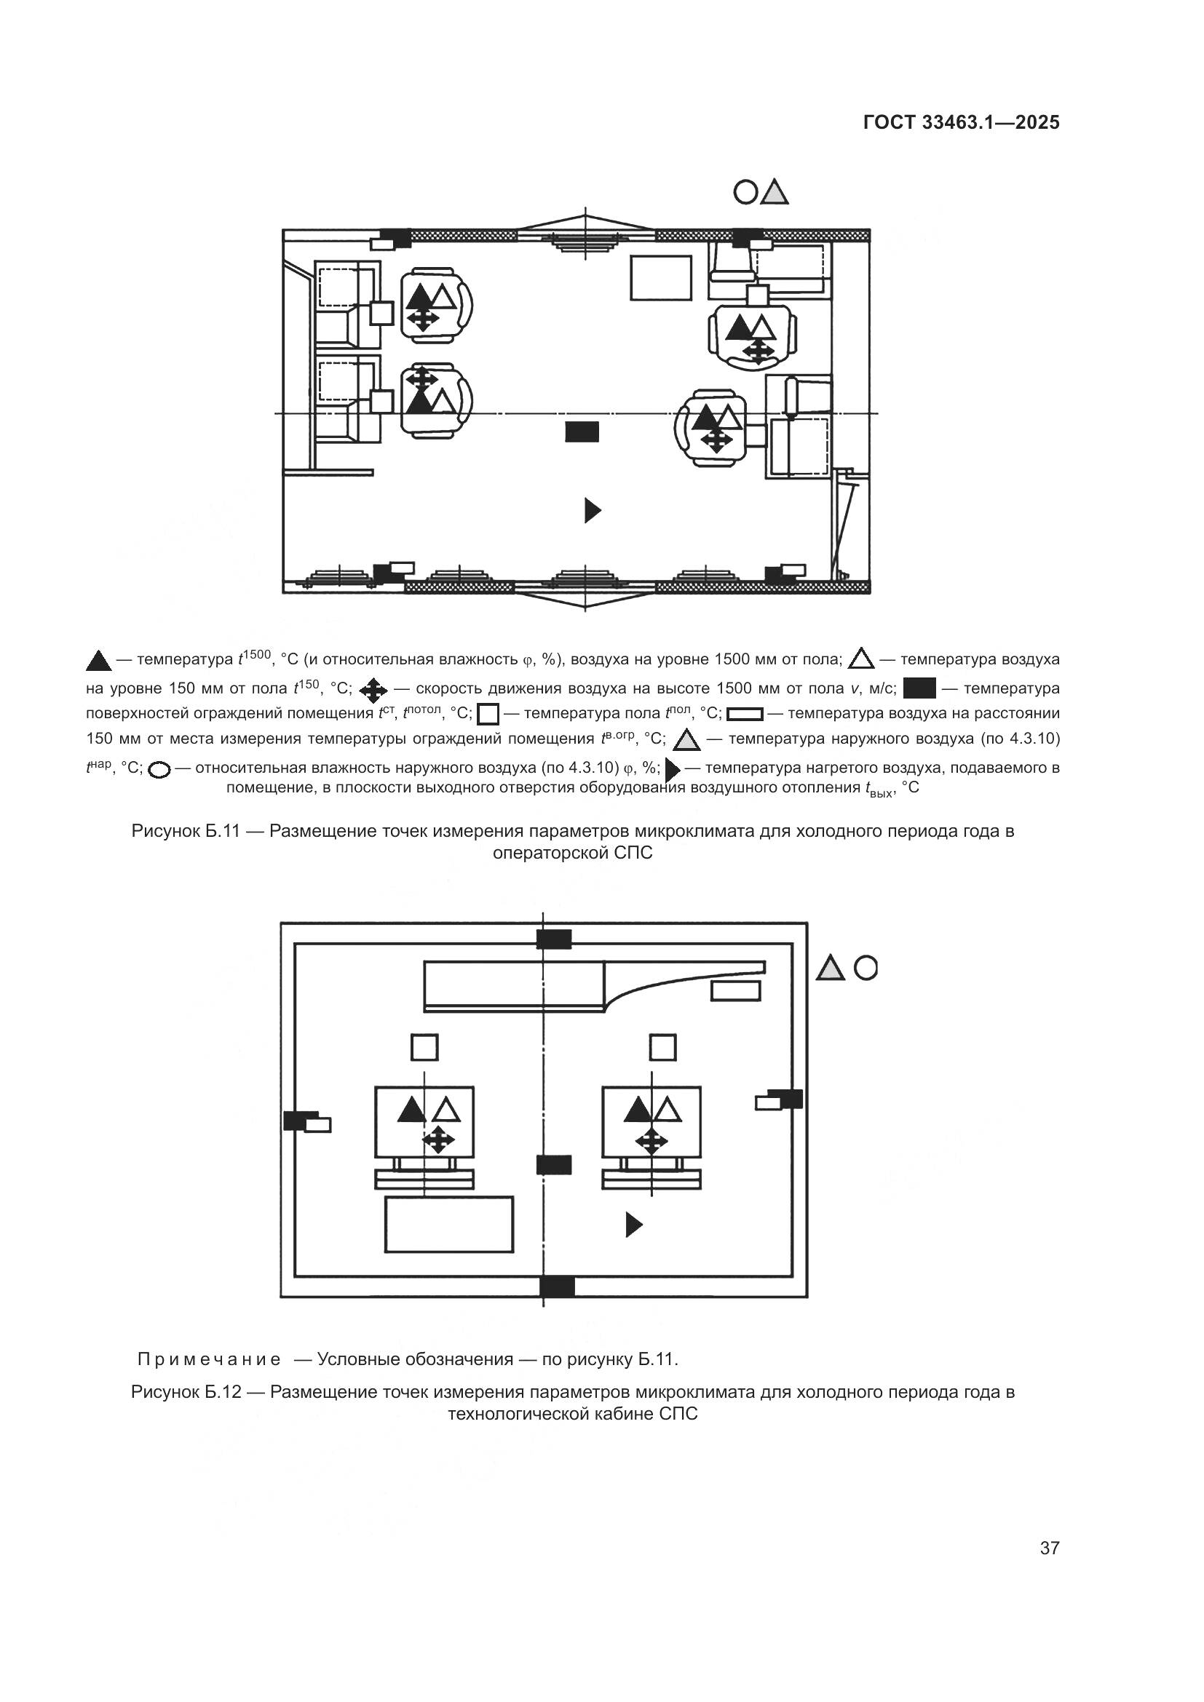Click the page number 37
click(x=1049, y=1548)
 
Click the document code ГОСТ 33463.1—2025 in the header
click(x=961, y=122)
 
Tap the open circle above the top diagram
click(x=745, y=193)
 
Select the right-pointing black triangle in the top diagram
click(x=592, y=510)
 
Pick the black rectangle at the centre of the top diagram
click(x=582, y=432)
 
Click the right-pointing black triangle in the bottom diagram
click(x=633, y=1225)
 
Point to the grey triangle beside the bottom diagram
click(x=831, y=968)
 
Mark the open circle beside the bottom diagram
click(x=866, y=967)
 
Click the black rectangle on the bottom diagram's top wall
click(x=554, y=939)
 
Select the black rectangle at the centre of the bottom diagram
click(x=554, y=1164)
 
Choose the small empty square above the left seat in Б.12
click(x=424, y=1047)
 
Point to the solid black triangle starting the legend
click(x=98, y=661)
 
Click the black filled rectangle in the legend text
click(x=919, y=688)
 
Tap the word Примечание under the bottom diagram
click(x=209, y=1359)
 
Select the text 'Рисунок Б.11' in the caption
click(x=186, y=831)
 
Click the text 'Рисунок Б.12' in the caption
click(x=186, y=1391)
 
